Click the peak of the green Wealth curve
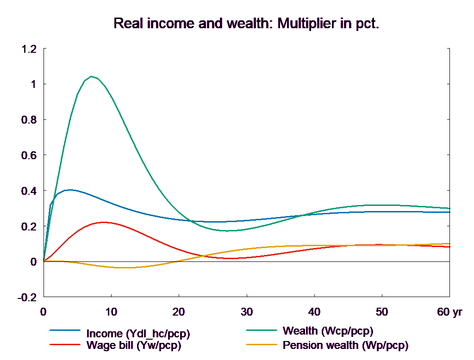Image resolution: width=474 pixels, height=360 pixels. pos(92,76)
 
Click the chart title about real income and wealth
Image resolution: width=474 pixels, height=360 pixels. pos(246,24)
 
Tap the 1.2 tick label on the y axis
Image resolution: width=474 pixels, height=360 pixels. pos(29,49)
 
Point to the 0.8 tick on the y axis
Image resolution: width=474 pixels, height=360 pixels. pos(29,120)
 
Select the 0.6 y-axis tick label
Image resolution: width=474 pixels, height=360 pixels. pos(29,155)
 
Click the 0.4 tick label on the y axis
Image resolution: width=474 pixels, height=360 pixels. pos(29,191)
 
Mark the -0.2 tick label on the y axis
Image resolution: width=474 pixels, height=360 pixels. pos(27,297)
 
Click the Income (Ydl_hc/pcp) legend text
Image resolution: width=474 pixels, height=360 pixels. pos(138,334)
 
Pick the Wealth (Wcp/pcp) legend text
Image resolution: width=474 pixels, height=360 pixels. pos(328,331)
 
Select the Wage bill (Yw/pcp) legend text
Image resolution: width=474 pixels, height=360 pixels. pos(133,345)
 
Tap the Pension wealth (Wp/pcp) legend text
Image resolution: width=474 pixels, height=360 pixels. pos(345,345)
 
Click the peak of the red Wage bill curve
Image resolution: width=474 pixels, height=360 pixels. pos(104,222)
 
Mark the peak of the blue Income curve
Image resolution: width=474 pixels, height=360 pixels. pos(69,190)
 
